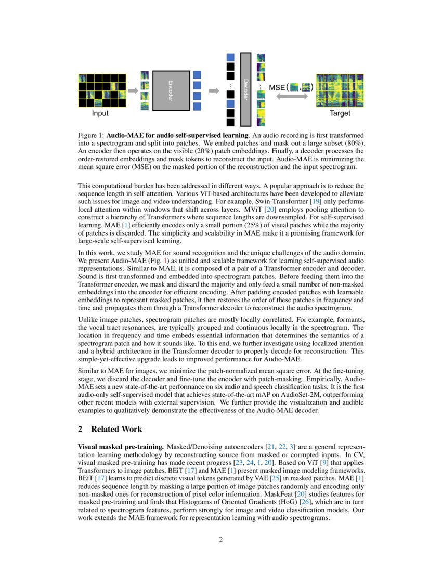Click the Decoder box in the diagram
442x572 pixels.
pos(245,89)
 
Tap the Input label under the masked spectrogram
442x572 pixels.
pos(100,113)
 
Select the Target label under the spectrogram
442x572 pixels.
pos(340,113)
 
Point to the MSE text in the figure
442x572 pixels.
pos(277,88)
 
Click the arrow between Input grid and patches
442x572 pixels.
pos(133,91)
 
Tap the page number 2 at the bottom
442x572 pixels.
pos(221,539)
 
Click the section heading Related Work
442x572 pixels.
pos(116,429)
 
